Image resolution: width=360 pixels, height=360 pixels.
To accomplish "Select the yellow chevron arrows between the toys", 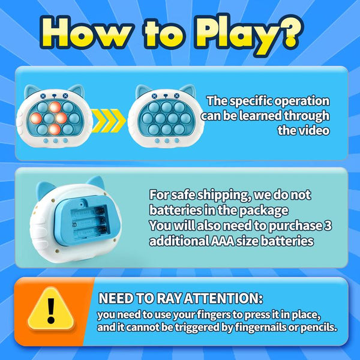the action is [x=109, y=121].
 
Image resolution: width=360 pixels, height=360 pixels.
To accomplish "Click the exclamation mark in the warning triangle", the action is [x=51, y=311].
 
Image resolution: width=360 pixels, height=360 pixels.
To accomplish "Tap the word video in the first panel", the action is [x=315, y=130].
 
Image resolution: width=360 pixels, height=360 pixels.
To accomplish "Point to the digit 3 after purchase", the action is [x=328, y=226].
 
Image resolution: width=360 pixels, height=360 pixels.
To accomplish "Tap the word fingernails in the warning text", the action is [x=262, y=328].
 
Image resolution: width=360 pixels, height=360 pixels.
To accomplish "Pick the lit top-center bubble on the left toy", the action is [x=55, y=107].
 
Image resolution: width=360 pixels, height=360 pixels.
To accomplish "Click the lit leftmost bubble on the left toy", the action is [x=36, y=118].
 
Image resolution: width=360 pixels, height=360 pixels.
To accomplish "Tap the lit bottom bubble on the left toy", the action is [x=55, y=129].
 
